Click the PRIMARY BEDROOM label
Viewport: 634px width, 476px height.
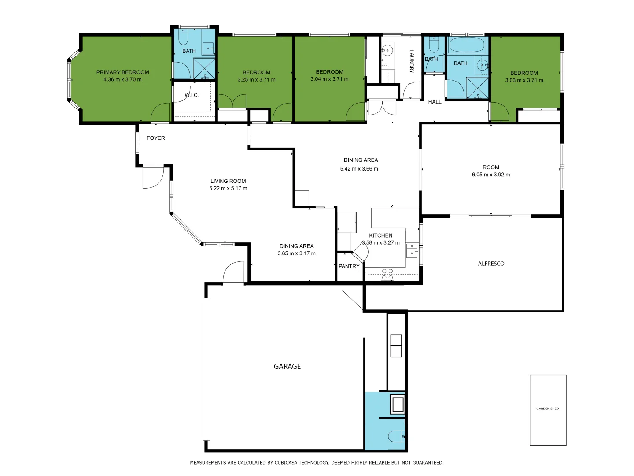122,72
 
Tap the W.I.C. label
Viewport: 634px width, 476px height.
192,95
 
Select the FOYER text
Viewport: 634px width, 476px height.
155,138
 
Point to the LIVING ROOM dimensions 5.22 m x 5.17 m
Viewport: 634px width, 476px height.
228,188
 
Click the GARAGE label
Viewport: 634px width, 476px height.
287,366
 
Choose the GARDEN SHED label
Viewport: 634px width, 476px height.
547,409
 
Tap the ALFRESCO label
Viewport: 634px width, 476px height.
491,264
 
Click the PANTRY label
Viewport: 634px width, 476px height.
349,266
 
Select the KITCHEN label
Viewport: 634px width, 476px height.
380,235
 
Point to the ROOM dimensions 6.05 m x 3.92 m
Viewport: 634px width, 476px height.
490,175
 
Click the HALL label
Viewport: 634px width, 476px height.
435,102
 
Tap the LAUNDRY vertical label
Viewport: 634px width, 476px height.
412,61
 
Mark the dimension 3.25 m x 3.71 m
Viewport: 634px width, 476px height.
256,80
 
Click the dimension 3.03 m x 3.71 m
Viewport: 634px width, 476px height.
524,80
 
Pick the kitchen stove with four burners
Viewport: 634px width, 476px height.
387,274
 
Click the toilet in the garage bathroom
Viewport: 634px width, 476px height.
396,436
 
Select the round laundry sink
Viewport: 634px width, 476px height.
387,50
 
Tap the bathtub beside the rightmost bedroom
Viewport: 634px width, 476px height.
467,45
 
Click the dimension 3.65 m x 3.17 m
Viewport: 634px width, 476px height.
296,253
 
